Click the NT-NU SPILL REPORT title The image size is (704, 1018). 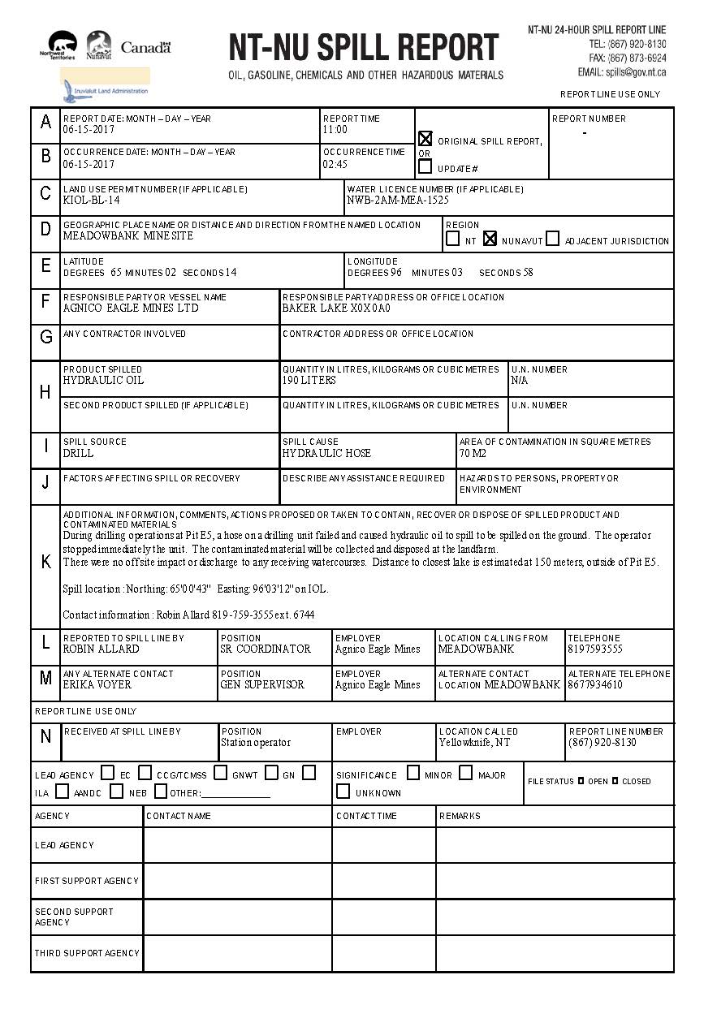pyautogui.click(x=363, y=48)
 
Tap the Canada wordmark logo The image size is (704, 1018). pyautogui.click(x=146, y=48)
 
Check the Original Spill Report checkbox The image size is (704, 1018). pyautogui.click(x=425, y=139)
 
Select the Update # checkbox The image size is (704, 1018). pyautogui.click(x=425, y=166)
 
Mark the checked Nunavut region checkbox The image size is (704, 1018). pyautogui.click(x=490, y=239)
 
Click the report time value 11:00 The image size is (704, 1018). pyautogui.click(x=335, y=130)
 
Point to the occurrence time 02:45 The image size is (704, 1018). pyautogui.click(x=335, y=164)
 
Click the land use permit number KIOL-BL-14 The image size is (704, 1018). pyautogui.click(x=92, y=201)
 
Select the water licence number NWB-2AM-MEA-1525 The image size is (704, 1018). pyautogui.click(x=398, y=201)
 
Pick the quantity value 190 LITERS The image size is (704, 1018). pyautogui.click(x=309, y=381)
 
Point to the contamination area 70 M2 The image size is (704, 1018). pyautogui.click(x=473, y=454)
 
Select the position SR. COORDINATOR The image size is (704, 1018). pyautogui.click(x=266, y=649)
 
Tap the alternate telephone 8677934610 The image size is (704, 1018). pyautogui.click(x=595, y=685)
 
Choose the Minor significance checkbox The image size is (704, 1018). pyautogui.click(x=413, y=774)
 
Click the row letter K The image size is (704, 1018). pyautogui.click(x=45, y=562)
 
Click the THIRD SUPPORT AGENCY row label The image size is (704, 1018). pyautogui.click(x=87, y=953)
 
